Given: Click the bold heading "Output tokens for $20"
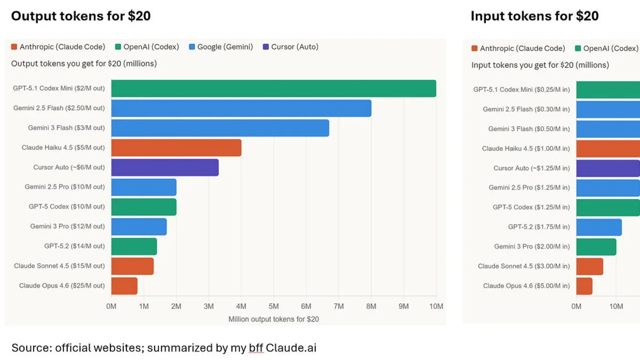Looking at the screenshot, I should pos(81,16).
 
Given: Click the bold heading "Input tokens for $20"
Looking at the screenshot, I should pos(534,16).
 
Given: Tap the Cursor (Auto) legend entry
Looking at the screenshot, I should pos(291,47).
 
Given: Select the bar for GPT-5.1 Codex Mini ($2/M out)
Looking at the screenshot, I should pos(273,89).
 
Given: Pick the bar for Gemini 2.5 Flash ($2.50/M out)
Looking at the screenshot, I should pos(241,108).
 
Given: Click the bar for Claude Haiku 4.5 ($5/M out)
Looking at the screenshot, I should pos(176,148).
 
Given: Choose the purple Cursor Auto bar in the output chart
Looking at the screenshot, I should pos(165,167).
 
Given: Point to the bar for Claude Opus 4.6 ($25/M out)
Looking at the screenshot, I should pos(124,286).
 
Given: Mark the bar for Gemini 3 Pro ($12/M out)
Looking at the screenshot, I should pos(139,227).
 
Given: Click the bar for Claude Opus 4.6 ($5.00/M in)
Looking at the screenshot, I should pos(584,286).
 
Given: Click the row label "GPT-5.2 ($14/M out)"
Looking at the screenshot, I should pos(75,246).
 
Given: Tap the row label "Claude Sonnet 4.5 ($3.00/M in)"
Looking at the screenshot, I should pos(524,266).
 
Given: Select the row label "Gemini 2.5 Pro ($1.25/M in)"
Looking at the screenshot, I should pos(529,187).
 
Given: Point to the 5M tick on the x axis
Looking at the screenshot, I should pos(273,306).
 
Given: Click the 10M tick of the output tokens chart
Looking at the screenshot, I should pos(436,306).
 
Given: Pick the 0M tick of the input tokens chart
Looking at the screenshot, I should pos(576,306).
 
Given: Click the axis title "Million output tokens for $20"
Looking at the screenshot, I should pos(273,319).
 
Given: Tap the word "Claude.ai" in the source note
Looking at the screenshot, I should pos(291,348).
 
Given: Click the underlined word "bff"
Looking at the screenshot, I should pos(256,348).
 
